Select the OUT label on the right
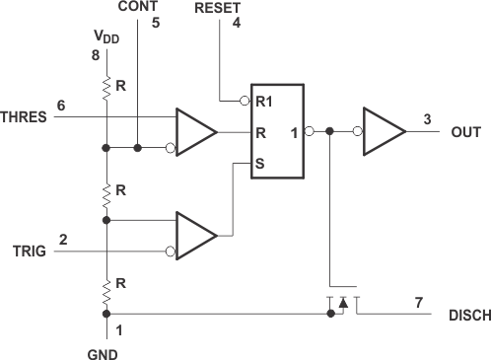pos(466,130)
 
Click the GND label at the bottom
pos(105,349)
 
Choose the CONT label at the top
pos(137,7)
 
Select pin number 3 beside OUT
pos(426,118)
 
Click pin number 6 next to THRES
pos(61,105)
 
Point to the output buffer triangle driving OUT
pos(383,130)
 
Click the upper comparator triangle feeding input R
pos(195,131)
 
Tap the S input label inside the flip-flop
pos(259,165)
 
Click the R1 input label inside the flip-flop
pos(263,101)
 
